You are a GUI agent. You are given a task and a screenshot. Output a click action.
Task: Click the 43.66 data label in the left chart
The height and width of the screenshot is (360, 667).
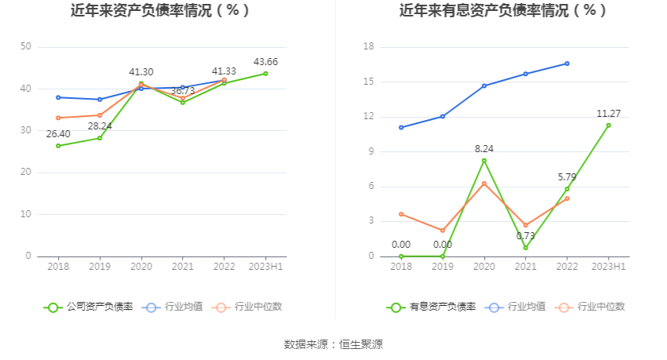(x=265, y=62)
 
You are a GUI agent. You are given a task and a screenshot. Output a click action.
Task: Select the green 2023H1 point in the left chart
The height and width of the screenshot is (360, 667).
(x=265, y=74)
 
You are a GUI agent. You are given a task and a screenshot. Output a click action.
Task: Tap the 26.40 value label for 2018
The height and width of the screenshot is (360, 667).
(x=58, y=134)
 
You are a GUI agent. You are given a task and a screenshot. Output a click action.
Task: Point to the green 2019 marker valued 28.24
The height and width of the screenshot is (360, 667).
(x=100, y=138)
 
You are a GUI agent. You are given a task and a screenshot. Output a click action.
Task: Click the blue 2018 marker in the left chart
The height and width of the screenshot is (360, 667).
(x=58, y=97)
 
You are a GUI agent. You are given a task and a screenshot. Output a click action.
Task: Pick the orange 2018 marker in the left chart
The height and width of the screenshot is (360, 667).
(x=58, y=118)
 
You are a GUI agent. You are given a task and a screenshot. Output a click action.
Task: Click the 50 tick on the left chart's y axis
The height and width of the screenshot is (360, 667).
(x=26, y=47)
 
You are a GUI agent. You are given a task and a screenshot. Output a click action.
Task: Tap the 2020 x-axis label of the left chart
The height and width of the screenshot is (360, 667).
(x=141, y=267)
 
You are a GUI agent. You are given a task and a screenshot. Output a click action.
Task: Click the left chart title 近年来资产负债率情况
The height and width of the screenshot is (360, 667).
(x=160, y=11)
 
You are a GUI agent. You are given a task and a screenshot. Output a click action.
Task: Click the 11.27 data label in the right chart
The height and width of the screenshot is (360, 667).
(x=608, y=114)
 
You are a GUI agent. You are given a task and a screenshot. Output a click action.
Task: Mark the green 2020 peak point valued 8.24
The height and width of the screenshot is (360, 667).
(x=484, y=161)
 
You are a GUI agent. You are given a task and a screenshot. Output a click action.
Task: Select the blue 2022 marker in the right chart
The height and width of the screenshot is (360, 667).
(x=567, y=64)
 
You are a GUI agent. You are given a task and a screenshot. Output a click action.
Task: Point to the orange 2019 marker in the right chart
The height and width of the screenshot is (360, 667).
(x=443, y=231)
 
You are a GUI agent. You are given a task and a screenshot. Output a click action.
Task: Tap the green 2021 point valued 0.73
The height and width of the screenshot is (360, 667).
(x=526, y=248)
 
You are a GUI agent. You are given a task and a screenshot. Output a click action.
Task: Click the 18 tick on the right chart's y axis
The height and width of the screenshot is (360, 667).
(x=369, y=47)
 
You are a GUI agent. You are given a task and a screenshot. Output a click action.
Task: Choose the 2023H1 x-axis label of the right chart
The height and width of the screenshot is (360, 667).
(x=608, y=267)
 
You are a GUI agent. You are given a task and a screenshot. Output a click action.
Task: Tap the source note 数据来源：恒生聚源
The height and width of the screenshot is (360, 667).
(x=333, y=344)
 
